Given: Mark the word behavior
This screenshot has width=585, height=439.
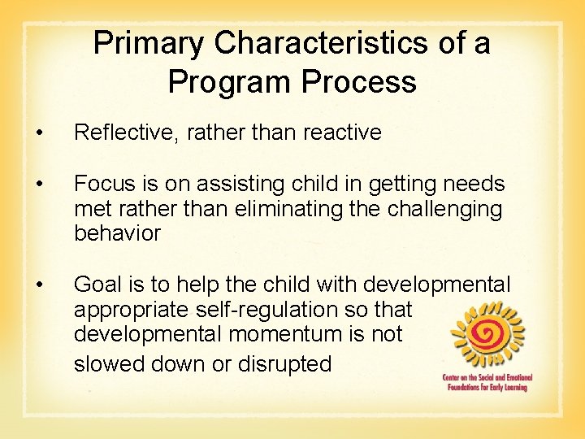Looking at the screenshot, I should pos(117,234).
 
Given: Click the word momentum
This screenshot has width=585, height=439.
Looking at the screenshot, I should pos(288,335).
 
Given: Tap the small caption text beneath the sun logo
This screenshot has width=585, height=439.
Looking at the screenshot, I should pos(486,382).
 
